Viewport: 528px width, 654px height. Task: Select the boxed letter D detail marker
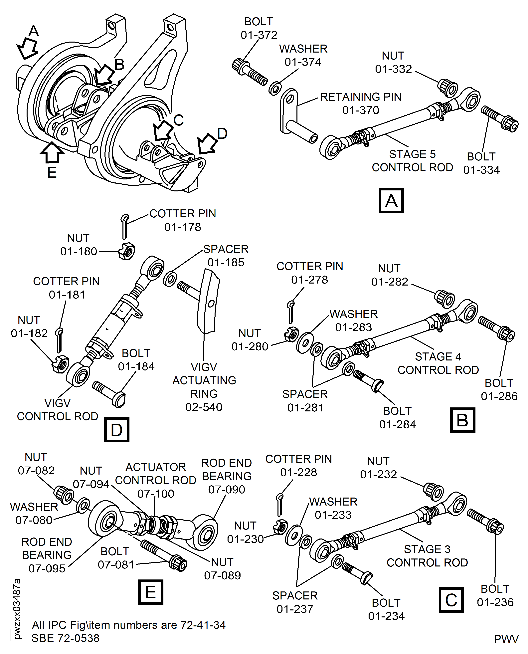pyautogui.click(x=117, y=430)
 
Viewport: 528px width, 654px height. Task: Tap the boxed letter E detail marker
pyautogui.click(x=151, y=592)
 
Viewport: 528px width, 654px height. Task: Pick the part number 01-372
pyautogui.click(x=259, y=35)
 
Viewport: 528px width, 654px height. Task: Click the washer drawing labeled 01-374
pyautogui.click(x=275, y=88)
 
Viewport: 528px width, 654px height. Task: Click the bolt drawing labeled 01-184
pyautogui.click(x=109, y=394)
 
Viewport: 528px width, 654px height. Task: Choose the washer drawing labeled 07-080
pyautogui.click(x=83, y=505)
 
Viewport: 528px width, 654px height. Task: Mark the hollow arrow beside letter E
pyautogui.click(x=52, y=152)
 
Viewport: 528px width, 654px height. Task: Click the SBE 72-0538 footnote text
pyautogui.click(x=65, y=638)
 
